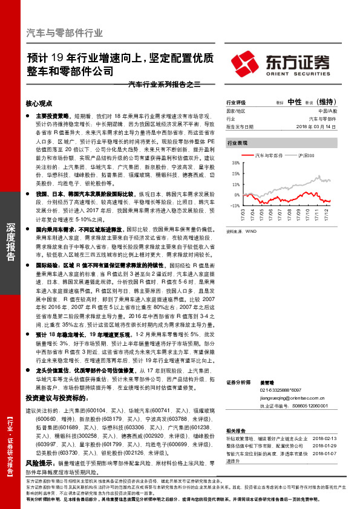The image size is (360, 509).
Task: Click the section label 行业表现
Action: click(x=237, y=143)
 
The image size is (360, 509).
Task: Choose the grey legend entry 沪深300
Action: click(x=307, y=155)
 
